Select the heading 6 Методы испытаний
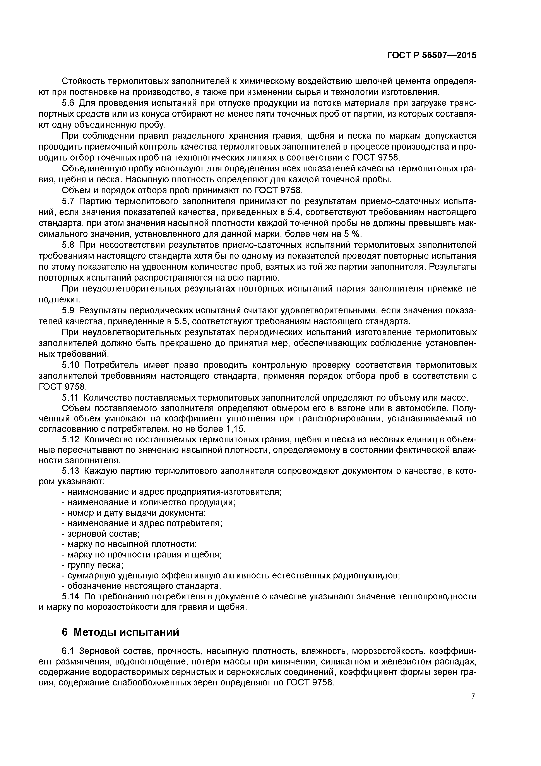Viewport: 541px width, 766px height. pyautogui.click(x=121, y=632)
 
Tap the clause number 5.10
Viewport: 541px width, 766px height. pyautogui.click(x=71, y=365)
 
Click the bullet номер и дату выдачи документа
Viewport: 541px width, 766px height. pyautogui.click(x=137, y=513)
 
